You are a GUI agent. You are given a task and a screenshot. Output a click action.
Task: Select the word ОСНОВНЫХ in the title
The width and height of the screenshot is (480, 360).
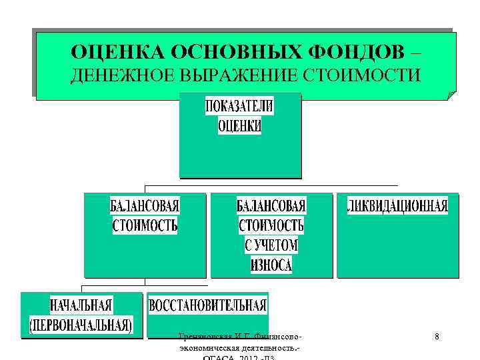pos(236,52)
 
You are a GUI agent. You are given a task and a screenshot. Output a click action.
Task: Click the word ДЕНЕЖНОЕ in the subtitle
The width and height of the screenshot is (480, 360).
pos(123,75)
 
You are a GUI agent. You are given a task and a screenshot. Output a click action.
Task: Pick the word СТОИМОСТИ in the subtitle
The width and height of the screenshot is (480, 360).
pos(362,75)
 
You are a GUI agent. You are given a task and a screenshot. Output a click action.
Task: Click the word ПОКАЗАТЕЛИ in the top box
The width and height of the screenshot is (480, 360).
pos(239,107)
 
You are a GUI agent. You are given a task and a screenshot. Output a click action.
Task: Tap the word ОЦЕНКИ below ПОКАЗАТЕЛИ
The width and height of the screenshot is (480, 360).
pos(239,126)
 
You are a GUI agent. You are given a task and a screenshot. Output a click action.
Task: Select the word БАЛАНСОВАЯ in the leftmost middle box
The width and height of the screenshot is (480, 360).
pos(145,205)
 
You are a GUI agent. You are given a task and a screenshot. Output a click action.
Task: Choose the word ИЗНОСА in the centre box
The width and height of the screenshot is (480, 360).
pos(271,265)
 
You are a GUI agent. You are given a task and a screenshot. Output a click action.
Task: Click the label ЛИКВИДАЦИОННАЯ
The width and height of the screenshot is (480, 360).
pos(398,205)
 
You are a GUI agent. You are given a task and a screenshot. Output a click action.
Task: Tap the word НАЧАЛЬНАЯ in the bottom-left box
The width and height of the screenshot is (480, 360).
pos(81,306)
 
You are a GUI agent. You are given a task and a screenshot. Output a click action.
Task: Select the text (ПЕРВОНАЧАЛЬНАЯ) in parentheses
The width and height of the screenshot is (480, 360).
pos(81,325)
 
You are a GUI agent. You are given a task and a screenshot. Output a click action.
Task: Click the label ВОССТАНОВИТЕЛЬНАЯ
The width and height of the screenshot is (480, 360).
pos(207,307)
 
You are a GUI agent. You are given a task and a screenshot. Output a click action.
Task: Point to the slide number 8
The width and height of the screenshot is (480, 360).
pos(437,337)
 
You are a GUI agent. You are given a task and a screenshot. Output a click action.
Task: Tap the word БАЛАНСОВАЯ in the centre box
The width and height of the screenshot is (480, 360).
pos(271,205)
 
